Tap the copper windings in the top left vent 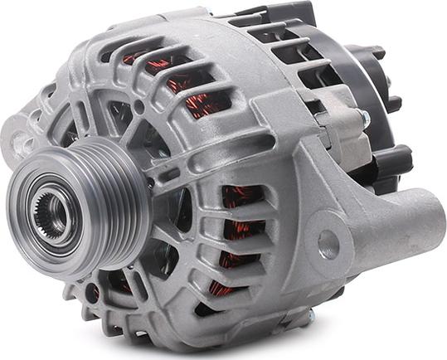(x=137, y=58)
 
